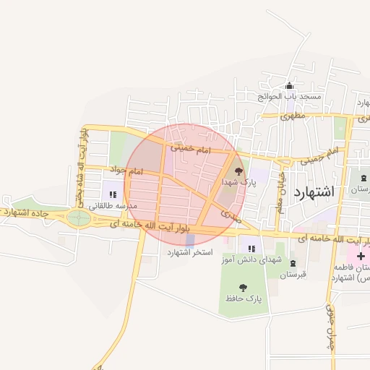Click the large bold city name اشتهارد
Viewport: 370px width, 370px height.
click(x=314, y=192)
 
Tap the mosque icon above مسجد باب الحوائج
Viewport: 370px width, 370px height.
click(x=290, y=85)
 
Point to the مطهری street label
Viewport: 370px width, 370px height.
click(x=295, y=116)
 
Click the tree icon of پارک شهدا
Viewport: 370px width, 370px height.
click(x=239, y=171)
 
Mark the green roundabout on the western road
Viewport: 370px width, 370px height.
click(x=79, y=218)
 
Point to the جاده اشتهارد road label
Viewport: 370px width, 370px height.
click(x=26, y=212)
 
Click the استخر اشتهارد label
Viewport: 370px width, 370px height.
click(x=191, y=251)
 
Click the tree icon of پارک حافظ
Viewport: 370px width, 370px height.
click(x=242, y=287)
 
